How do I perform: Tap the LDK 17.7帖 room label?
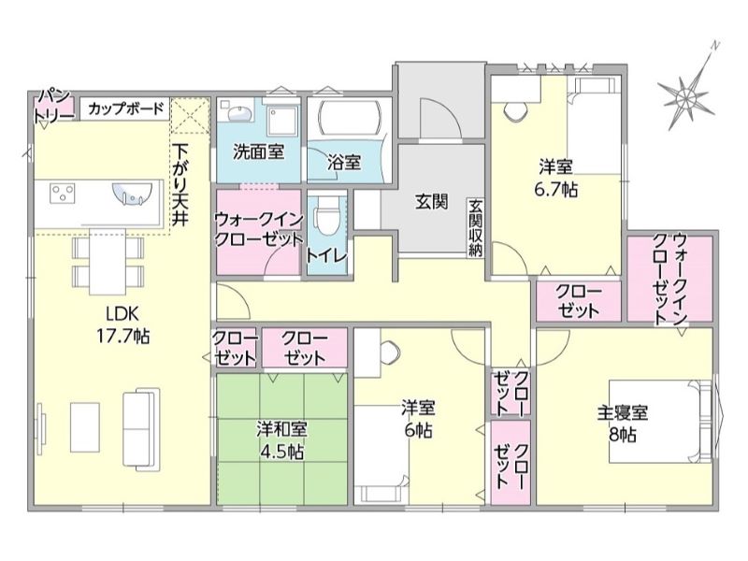123,325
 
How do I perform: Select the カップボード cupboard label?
126,109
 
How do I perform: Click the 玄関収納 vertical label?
475,228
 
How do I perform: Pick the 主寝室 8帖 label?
623,424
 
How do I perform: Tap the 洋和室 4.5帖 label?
282,440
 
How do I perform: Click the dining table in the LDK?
108,262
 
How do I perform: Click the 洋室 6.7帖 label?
555,178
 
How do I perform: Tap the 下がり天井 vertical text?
180,184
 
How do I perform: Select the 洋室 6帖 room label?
418,420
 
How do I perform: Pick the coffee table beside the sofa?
85,427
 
